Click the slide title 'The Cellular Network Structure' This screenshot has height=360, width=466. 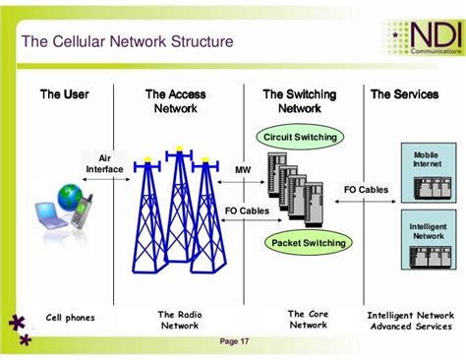tap(128, 42)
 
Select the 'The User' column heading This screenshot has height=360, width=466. tap(64, 94)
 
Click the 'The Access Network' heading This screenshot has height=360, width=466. tap(176, 101)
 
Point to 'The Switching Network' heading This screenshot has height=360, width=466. tap(299, 101)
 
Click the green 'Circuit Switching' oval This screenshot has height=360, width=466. tap(300, 137)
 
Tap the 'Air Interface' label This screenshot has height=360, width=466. tap(105, 162)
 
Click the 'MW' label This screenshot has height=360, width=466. tap(242, 169)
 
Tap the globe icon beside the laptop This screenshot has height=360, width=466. tap(68, 198)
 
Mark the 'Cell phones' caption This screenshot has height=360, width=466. tap(68, 318)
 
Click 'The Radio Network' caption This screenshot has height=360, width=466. tap(179, 320)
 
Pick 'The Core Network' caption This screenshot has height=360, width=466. tap(308, 320)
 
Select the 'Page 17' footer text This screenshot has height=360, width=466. tap(235, 341)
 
